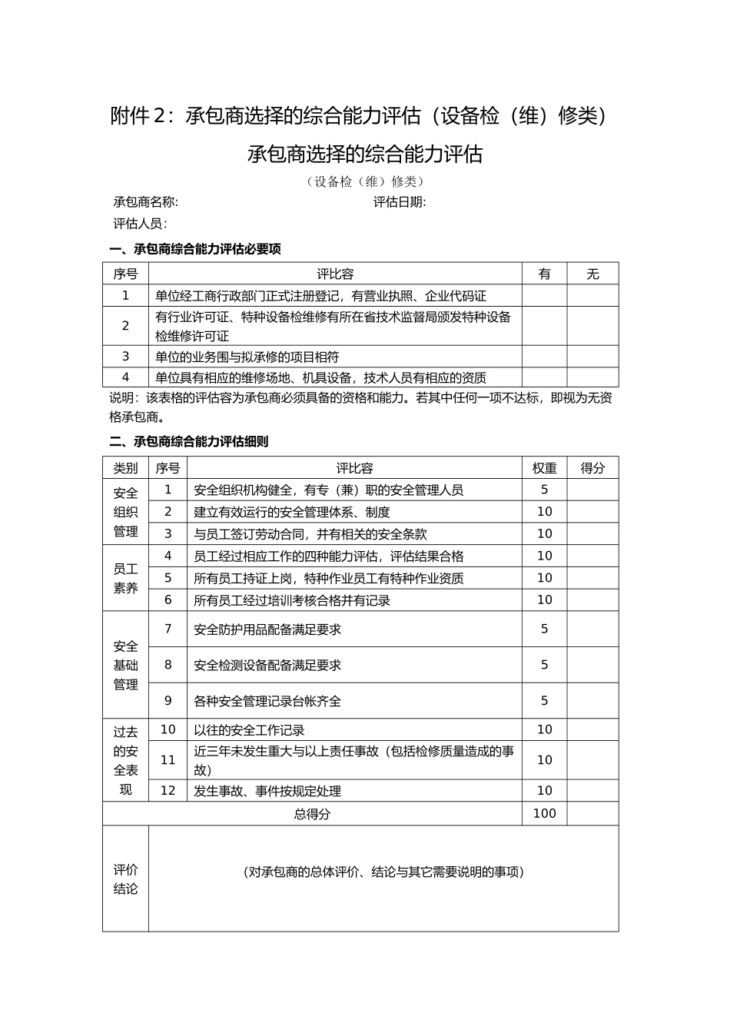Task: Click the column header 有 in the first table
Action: click(545, 274)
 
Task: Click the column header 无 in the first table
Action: click(592, 274)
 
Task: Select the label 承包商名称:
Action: click(146, 202)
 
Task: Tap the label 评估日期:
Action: click(400, 202)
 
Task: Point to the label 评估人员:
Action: click(140, 224)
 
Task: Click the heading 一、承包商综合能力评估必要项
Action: click(195, 249)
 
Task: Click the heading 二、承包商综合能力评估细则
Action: click(189, 442)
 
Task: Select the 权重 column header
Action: click(545, 468)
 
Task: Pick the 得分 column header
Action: click(592, 468)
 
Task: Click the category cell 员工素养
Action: click(126, 578)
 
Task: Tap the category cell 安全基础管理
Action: click(126, 665)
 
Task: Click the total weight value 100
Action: click(545, 813)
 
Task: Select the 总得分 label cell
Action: click(312, 813)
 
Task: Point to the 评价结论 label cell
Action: click(126, 879)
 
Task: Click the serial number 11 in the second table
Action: click(168, 760)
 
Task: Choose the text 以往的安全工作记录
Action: click(250, 730)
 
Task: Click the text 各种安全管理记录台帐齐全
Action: click(267, 701)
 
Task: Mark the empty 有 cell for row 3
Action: click(545, 357)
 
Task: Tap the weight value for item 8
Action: click(545, 665)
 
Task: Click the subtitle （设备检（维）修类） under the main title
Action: click(365, 181)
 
